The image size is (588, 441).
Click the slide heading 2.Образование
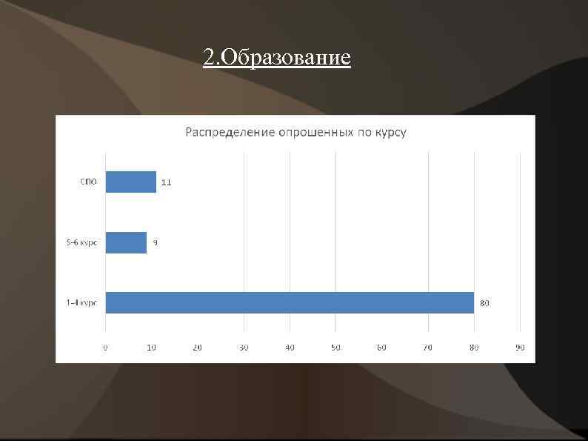[x=276, y=57]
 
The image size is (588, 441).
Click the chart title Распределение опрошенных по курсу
[x=295, y=133]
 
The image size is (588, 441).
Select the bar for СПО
[x=130, y=182]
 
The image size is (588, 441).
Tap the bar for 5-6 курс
[x=126, y=242]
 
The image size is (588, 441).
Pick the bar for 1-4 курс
[x=289, y=302]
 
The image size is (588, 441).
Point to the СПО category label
[x=88, y=182]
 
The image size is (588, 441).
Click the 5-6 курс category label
[x=81, y=242]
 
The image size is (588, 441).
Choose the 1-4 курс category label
[x=81, y=302]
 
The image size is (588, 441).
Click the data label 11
[x=166, y=182]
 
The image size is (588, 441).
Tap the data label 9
[x=155, y=242]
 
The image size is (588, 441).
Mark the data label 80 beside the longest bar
[x=484, y=303]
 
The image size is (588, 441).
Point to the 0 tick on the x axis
[x=105, y=347]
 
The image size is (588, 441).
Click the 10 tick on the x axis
[x=151, y=347]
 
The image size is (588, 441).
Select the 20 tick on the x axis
[x=197, y=347]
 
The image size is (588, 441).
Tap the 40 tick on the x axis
[x=290, y=347]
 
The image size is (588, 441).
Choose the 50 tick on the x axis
[x=335, y=347]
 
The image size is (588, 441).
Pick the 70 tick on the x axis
[x=427, y=347]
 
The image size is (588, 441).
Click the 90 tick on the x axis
[x=520, y=347]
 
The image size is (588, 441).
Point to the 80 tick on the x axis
[x=474, y=347]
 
